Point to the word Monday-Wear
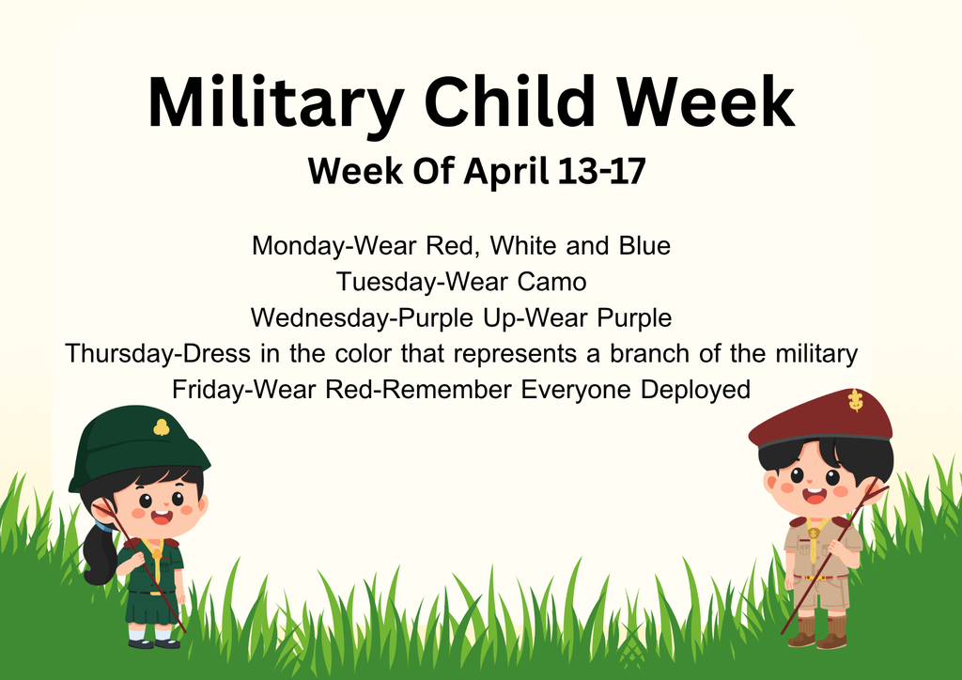[334, 246]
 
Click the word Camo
[551, 282]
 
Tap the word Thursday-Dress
[158, 354]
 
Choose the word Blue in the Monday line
[644, 246]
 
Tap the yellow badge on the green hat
[162, 427]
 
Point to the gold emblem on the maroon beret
[855, 400]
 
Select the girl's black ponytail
[100, 554]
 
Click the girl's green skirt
[151, 607]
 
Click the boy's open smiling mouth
[815, 495]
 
